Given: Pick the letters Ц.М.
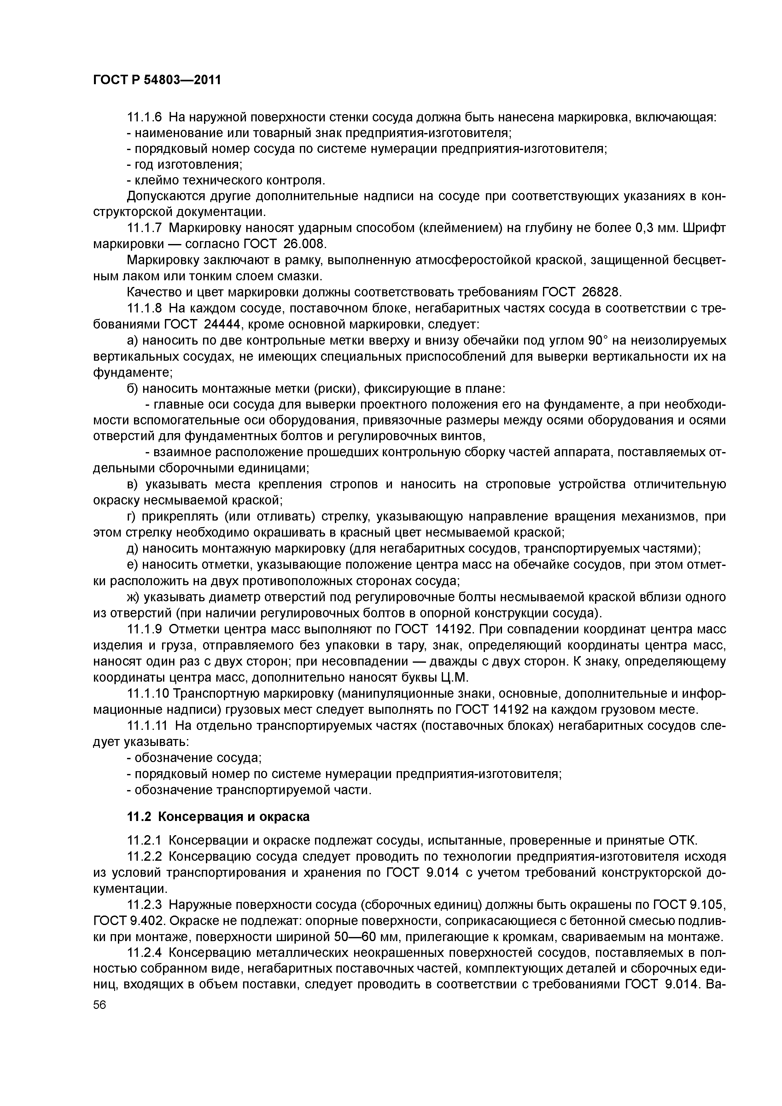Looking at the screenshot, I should [x=454, y=677].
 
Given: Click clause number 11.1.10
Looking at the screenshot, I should [x=148, y=694].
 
